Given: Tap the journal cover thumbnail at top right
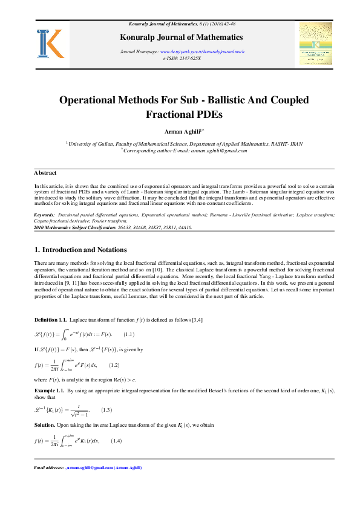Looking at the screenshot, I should pos(316,47).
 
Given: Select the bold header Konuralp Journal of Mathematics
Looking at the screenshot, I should pos(180,36).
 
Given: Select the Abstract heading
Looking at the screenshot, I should pos(45,173).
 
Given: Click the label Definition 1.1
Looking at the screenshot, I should pos(50,319).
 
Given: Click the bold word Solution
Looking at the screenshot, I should pos(45,426).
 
